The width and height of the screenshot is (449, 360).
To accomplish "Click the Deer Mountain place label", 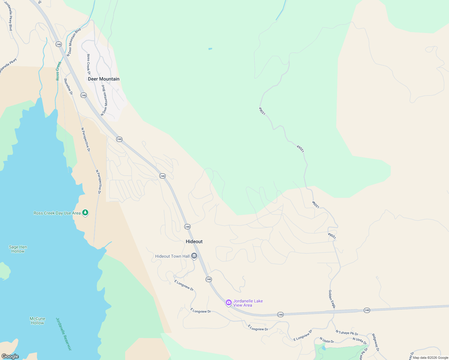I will point(104,79).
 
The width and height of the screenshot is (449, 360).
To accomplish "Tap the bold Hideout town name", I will point(194,241).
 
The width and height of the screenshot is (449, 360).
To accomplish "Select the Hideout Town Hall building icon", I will point(194,256).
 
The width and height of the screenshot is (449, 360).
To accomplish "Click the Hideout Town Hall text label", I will point(172,256).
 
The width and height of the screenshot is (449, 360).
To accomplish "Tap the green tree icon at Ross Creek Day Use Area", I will point(85,213).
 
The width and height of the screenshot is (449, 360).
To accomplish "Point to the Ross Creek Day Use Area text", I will point(57,213).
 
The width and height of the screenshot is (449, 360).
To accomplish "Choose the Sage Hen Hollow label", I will point(18,249).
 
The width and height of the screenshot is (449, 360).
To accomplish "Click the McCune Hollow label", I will point(38,321).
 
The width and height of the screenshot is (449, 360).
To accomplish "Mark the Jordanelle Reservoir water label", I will point(64,334).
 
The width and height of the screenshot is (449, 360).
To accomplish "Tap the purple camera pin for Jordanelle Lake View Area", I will point(228,302).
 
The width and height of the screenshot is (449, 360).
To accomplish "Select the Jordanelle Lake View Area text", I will point(248,303).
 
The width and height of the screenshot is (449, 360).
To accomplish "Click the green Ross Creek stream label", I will point(58,71).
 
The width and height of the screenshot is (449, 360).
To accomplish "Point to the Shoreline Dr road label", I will point(68,86).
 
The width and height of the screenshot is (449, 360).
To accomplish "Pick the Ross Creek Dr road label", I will point(89,64).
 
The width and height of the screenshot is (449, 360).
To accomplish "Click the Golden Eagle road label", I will point(332,299).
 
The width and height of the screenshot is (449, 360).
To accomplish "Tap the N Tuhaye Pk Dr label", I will point(347,333).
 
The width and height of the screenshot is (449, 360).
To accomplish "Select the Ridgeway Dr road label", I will point(375,342).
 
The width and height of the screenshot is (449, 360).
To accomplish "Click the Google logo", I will point(10,356).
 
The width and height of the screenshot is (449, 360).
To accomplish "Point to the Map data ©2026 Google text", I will point(430,358).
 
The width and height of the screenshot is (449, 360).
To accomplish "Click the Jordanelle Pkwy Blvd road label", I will point(8,16).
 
